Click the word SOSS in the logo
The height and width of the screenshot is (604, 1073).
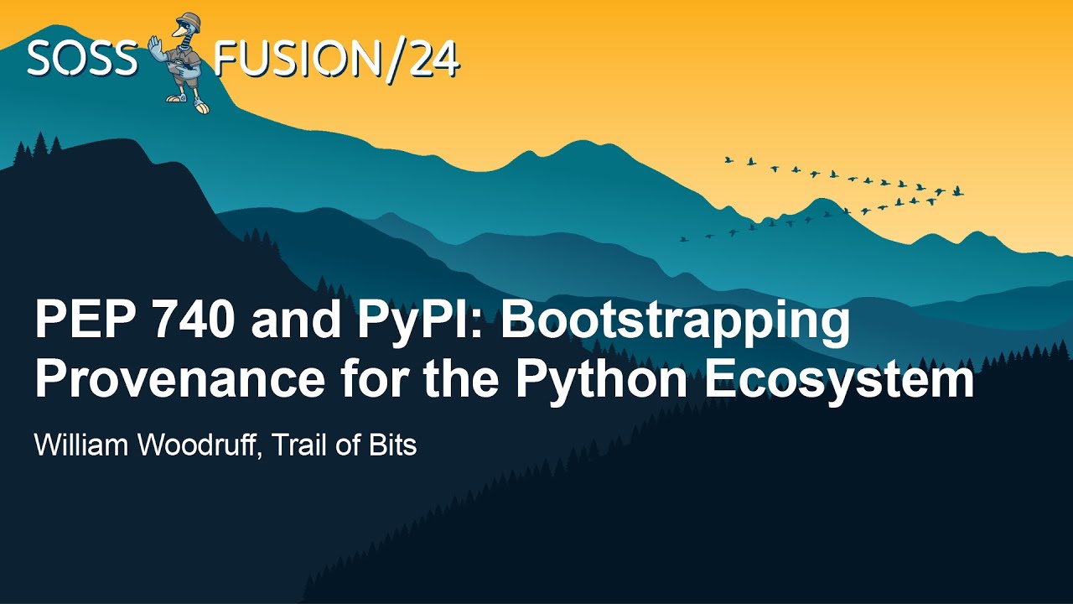click(x=81, y=57)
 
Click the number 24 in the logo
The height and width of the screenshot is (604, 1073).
click(x=433, y=58)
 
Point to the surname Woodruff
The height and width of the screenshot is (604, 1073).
click(x=200, y=445)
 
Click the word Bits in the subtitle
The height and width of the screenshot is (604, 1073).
click(x=392, y=445)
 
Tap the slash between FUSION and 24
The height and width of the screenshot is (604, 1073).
click(x=392, y=58)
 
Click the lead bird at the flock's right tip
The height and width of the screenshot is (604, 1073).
click(x=958, y=192)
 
